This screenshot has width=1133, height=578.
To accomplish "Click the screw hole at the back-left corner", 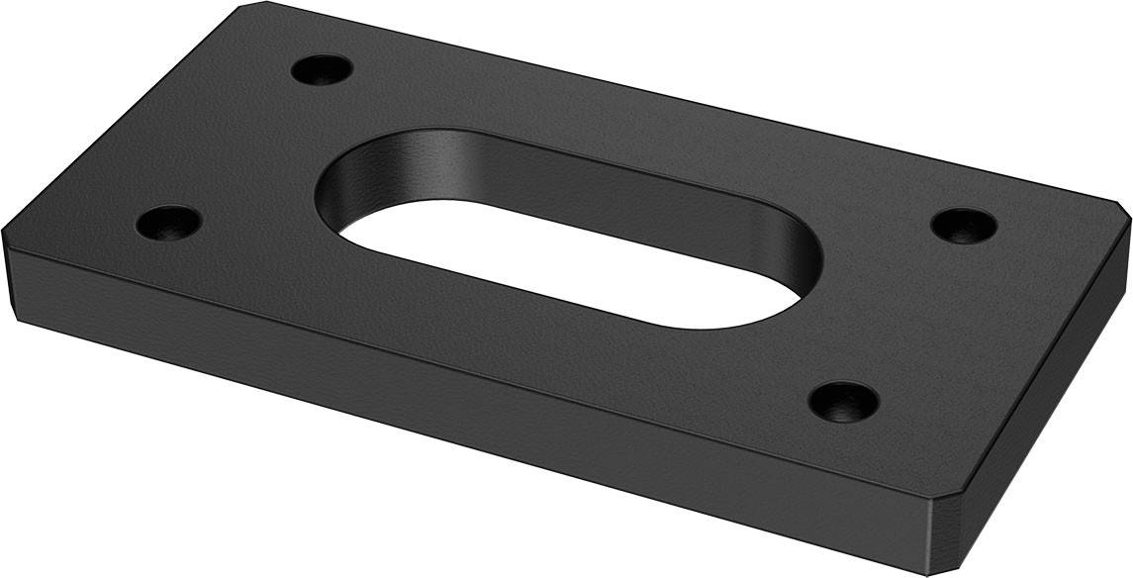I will pos(323,70).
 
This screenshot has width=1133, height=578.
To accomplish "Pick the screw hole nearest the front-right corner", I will pos(843,401).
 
